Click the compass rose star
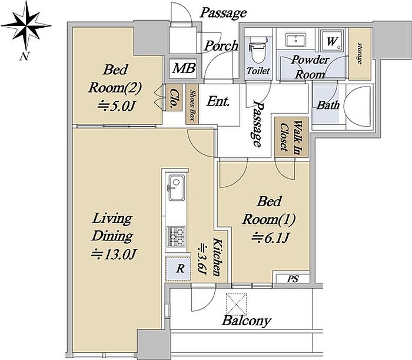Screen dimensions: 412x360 tap(26, 25)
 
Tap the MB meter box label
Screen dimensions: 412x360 tap(184, 68)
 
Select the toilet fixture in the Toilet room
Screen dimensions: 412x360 tap(258, 49)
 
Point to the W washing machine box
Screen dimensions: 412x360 tap(332, 41)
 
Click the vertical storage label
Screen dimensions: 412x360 tap(360, 54)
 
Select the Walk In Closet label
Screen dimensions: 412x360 tap(291, 137)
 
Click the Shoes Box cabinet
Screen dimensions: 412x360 tap(192, 104)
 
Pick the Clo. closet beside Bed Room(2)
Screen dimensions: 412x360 tap(174, 98)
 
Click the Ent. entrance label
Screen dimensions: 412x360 tap(218, 101)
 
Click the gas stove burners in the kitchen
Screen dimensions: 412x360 tap(177, 237)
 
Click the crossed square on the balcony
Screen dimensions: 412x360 tap(237, 304)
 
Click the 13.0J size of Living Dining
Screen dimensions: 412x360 tap(113, 254)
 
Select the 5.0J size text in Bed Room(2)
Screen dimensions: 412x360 tap(116, 105)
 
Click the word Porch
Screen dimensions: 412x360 tap(221, 46)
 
